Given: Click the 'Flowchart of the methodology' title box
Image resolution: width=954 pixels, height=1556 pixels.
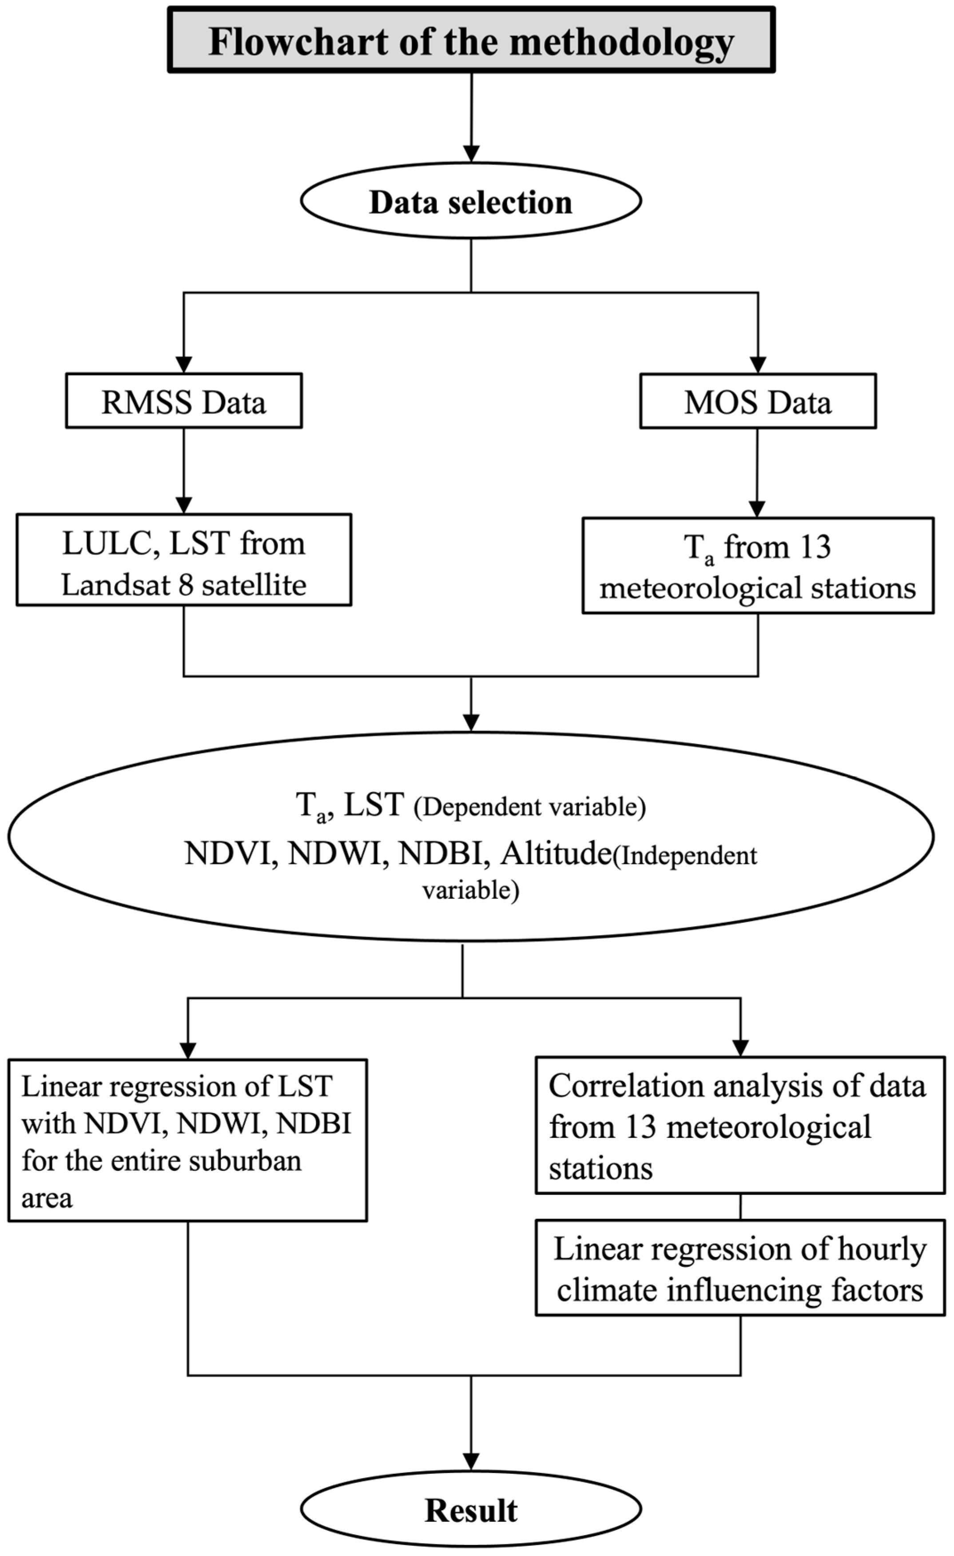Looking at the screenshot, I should point(471,40).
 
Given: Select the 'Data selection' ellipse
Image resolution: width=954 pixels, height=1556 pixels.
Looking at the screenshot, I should point(471,201).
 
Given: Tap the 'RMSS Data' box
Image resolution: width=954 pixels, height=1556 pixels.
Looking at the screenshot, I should point(184,401).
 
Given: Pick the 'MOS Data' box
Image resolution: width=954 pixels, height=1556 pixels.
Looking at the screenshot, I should point(758,402).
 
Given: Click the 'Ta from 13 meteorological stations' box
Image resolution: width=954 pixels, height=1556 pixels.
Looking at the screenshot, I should point(758,566).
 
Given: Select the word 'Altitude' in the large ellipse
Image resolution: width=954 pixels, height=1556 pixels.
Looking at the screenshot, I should point(556,854).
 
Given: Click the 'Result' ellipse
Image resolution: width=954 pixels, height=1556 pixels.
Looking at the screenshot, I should point(471,1511).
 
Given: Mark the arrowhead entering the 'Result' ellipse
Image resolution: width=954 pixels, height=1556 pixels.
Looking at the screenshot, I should point(471,1462).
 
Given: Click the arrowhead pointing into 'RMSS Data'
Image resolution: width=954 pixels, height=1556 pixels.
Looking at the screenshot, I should point(184,364).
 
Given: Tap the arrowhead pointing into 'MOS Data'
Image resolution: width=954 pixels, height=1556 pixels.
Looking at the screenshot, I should point(758,364).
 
